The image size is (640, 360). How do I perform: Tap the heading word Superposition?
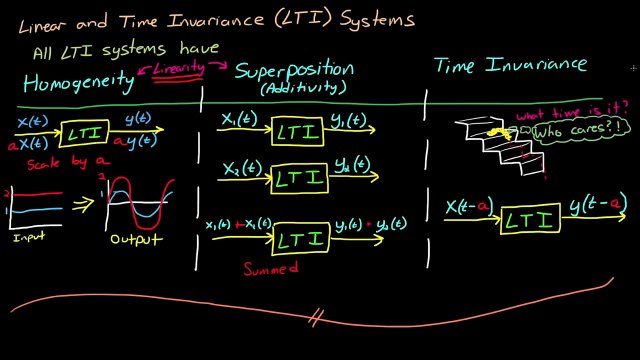click(x=294, y=70)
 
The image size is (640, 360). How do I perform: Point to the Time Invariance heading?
click(x=510, y=66)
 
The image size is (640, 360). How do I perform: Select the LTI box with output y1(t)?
click(x=297, y=132)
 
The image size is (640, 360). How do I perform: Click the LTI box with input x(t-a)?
click(x=531, y=219)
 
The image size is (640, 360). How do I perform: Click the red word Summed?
click(x=271, y=268)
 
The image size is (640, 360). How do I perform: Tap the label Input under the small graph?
click(x=29, y=238)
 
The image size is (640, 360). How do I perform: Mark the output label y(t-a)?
click(x=598, y=205)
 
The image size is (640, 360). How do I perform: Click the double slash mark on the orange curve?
click(x=315, y=319)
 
